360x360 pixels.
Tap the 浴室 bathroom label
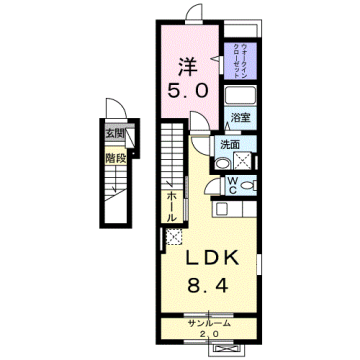[x=239, y=118]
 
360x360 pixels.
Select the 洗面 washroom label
[x=231, y=144]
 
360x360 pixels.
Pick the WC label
[x=230, y=184]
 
